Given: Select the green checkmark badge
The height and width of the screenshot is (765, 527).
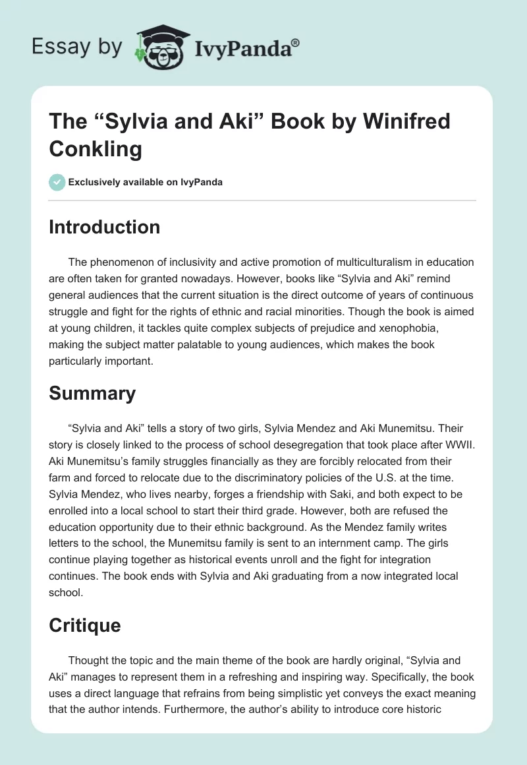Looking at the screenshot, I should pyautogui.click(x=57, y=182).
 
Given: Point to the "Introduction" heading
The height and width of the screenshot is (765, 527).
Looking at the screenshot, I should pyautogui.click(x=104, y=227).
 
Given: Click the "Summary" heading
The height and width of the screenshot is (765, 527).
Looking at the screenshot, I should pyautogui.click(x=92, y=393).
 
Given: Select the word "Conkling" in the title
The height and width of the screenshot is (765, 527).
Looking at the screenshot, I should pyautogui.click(x=96, y=149).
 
